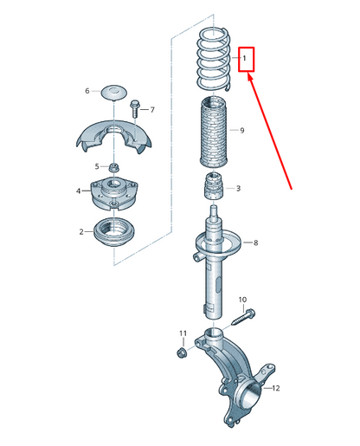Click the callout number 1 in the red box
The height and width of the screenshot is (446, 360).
pyautogui.click(x=244, y=58)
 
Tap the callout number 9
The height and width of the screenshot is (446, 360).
pyautogui.click(x=242, y=131)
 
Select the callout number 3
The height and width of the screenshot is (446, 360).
pyautogui.click(x=238, y=189)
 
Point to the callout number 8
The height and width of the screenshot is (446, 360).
pyautogui.click(x=255, y=242)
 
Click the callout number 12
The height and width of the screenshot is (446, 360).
pyautogui.click(x=276, y=388)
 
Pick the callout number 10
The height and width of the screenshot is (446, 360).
pyautogui.click(x=242, y=300)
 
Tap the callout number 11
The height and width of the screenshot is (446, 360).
pyautogui.click(x=183, y=333)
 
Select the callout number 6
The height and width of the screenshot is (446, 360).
pyautogui.click(x=87, y=91)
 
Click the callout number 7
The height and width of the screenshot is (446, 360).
pyautogui.click(x=152, y=110)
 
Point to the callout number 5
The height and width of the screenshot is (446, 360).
pyautogui.click(x=97, y=166)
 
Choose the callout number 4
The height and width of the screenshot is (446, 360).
pyautogui.click(x=79, y=191)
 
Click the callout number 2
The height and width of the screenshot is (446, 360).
pyautogui.click(x=81, y=232)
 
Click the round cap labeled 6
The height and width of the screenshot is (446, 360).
pyautogui.click(x=114, y=93)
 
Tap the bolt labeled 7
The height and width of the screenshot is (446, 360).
pyautogui.click(x=135, y=108)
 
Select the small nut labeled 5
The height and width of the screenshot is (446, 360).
pyautogui.click(x=114, y=167)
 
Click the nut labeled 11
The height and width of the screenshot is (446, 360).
pyautogui.click(x=181, y=352)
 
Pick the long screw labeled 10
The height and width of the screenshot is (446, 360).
pyautogui.click(x=243, y=317)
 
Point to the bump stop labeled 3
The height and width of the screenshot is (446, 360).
pyautogui.click(x=215, y=186)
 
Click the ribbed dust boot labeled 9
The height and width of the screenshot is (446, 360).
pyautogui.click(x=214, y=133)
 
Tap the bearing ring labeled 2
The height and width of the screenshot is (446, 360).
pyautogui.click(x=114, y=232)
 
